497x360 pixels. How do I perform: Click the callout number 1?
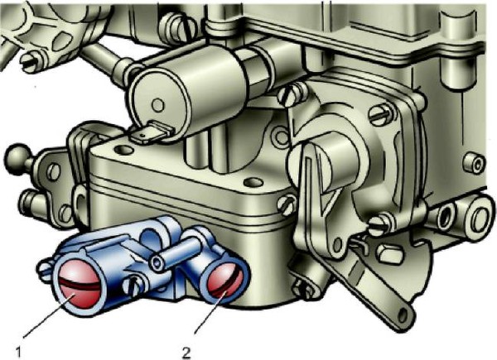[18, 352]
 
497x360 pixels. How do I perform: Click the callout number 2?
[187, 352]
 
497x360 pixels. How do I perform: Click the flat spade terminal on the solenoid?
[152, 132]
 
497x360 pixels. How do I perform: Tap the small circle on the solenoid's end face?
[158, 105]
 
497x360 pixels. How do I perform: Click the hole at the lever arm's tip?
[403, 315]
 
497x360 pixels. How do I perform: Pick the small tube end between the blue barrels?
[157, 262]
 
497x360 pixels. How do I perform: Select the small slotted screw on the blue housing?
[135, 286]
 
